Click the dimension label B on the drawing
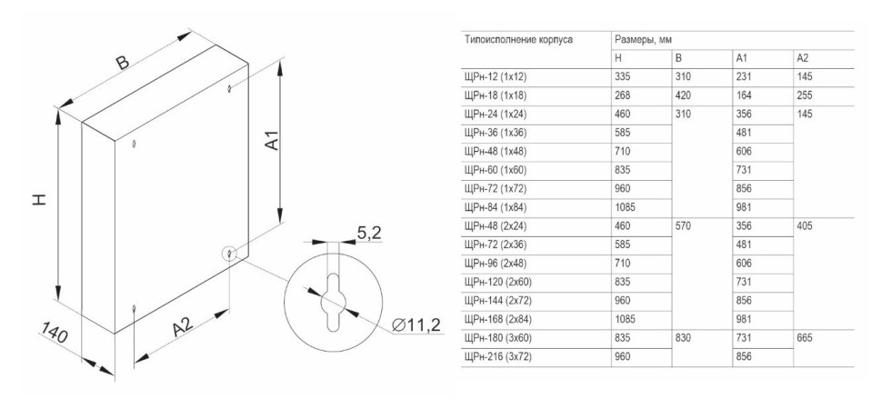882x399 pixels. coord(123,62)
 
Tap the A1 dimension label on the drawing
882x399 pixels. coord(272,139)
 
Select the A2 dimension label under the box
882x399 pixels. coord(182,327)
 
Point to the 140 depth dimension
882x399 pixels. coord(54,334)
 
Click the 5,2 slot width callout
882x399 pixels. coord(369,233)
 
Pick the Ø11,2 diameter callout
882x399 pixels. coord(416,324)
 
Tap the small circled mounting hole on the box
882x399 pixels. coord(229,254)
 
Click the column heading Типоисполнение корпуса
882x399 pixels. coord(518,40)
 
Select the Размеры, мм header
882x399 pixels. coord(644,40)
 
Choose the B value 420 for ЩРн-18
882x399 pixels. coord(683,95)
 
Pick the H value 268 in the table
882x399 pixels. coord(623,95)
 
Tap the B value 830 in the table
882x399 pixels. coord(683,338)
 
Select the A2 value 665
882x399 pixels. coord(805,338)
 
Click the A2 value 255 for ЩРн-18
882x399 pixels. coord(805,95)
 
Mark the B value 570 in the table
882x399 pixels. coord(683,226)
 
